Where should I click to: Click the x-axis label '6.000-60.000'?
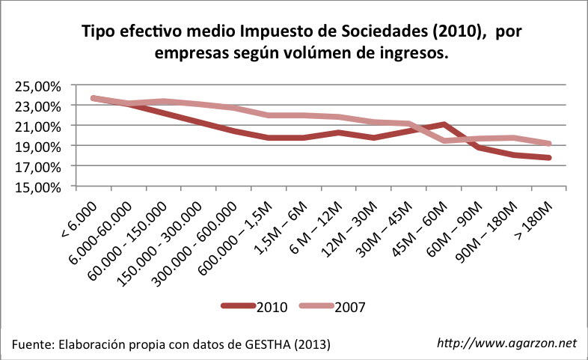point(97,228)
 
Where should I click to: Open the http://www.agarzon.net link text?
point(506,343)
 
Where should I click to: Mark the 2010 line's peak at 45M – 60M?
point(445,125)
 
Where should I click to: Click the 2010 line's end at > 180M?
point(549,157)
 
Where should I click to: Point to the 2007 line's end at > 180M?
point(549,144)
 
